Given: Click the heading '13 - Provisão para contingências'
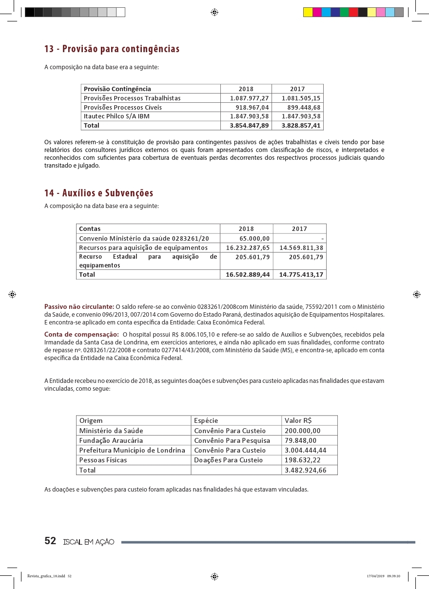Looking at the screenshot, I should (x=112, y=49).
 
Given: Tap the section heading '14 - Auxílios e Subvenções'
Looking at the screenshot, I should (x=98, y=193).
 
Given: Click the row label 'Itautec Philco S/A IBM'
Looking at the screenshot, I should (x=117, y=116).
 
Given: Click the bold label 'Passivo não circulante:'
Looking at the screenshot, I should (x=79, y=306).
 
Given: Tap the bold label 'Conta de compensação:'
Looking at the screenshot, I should (x=81, y=334).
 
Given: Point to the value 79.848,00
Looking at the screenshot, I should (x=300, y=440).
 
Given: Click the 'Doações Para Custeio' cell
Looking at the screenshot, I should (x=228, y=460).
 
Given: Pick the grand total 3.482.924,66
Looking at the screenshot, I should (x=305, y=470).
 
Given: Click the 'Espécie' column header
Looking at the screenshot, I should (x=206, y=420).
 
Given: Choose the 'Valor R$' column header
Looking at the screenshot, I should (x=298, y=420).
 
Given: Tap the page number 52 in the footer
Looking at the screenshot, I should (x=50, y=541).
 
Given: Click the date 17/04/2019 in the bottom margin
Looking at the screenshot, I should (x=375, y=576).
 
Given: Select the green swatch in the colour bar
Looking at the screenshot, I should (x=344, y=12).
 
